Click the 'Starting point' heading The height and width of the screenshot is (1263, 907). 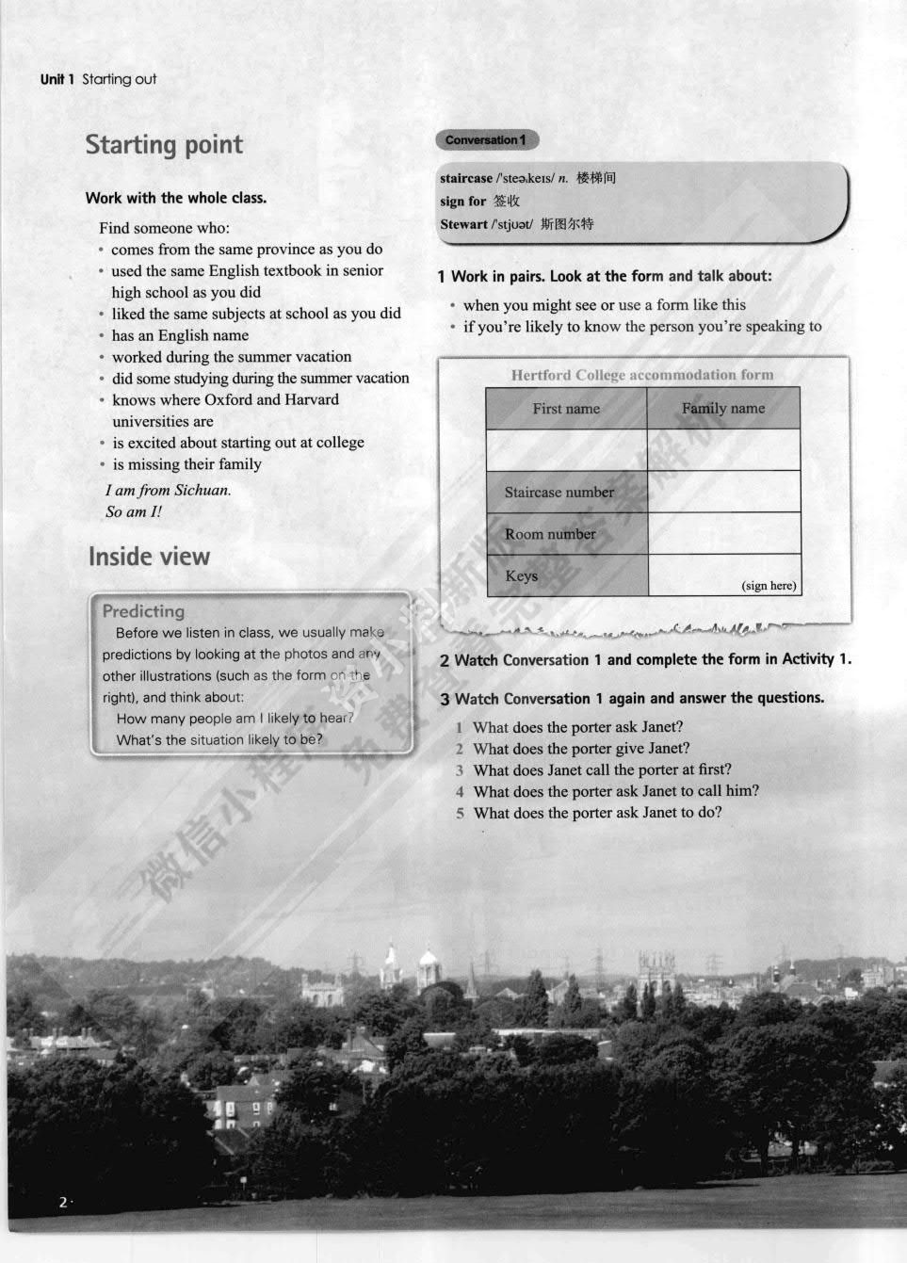pyautogui.click(x=164, y=145)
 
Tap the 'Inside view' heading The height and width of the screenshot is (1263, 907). pyautogui.click(x=149, y=557)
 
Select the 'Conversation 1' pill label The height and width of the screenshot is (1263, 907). pyautogui.click(x=486, y=140)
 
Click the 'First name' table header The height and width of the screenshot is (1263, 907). pyautogui.click(x=566, y=409)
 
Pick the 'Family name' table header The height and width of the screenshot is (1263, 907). pyautogui.click(x=723, y=409)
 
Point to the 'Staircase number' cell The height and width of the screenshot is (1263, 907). pyautogui.click(x=559, y=493)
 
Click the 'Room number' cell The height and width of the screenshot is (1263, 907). pyautogui.click(x=550, y=534)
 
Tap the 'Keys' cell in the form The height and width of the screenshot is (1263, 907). pyautogui.click(x=522, y=575)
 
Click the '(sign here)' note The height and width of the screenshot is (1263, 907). pyautogui.click(x=769, y=586)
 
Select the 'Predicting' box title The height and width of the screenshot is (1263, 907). pyautogui.click(x=143, y=611)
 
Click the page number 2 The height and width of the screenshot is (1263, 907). pyautogui.click(x=63, y=1202)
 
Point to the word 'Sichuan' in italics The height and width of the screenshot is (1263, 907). pyautogui.click(x=202, y=490)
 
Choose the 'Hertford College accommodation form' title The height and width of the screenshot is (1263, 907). pyautogui.click(x=642, y=375)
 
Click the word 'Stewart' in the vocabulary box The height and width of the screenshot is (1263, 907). pyautogui.click(x=463, y=224)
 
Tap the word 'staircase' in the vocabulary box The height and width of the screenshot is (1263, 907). pyautogui.click(x=466, y=178)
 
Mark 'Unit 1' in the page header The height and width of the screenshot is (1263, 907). pyautogui.click(x=57, y=79)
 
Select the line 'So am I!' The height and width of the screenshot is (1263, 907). pyautogui.click(x=134, y=511)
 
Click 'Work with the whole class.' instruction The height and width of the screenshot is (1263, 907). pyautogui.click(x=176, y=198)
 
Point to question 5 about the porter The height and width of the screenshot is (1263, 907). pyautogui.click(x=597, y=813)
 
